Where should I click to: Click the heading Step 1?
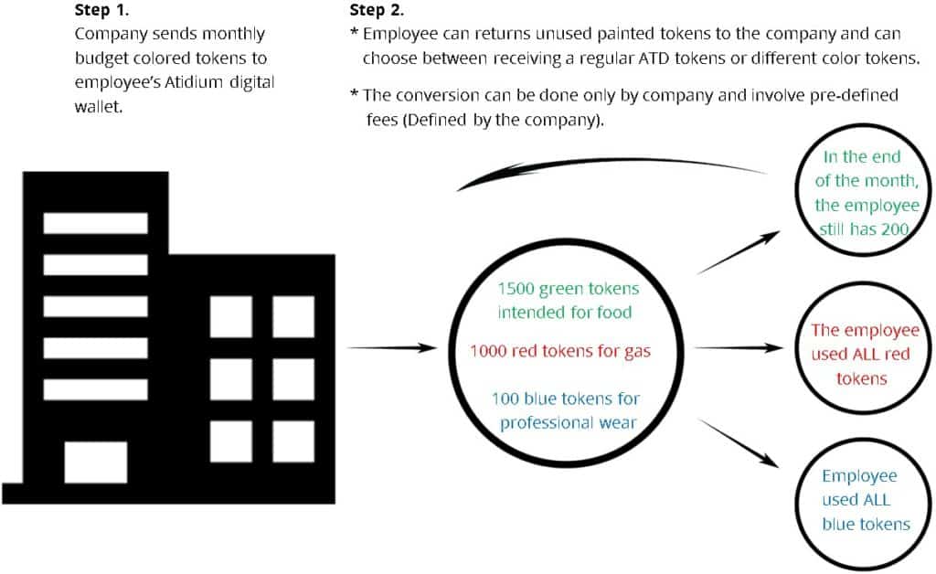point(101,10)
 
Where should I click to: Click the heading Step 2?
point(377,10)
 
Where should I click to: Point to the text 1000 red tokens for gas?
point(560,351)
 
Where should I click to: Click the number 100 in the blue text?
point(505,399)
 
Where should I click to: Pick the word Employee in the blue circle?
point(859,476)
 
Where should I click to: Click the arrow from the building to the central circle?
point(392,347)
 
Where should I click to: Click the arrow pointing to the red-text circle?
point(739,347)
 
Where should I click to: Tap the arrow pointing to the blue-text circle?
point(739,443)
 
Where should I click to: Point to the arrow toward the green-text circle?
point(739,252)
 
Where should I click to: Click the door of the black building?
point(95,462)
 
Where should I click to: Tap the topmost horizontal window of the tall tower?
point(95,223)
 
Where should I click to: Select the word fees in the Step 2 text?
point(382,120)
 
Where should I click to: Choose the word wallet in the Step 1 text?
point(99,107)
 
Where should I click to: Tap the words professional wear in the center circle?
point(569,423)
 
